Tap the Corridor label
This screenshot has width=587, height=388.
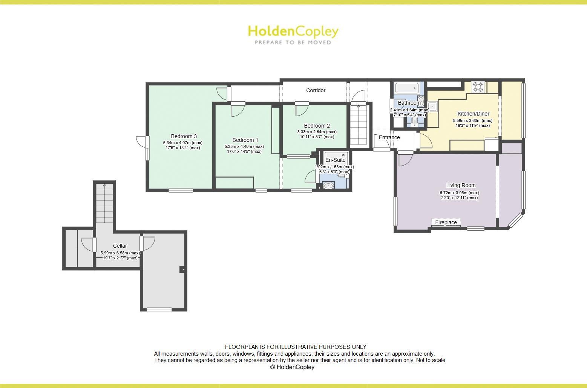coord(316,90)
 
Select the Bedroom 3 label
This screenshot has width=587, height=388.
coord(184,136)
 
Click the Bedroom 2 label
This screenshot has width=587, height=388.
coord(317,126)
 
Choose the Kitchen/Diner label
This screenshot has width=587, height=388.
coord(473,114)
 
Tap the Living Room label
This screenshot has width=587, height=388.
coord(461,185)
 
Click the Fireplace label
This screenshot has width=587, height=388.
coord(446,222)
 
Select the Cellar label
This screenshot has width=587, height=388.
coord(120,246)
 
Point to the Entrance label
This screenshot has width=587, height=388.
coord(389,137)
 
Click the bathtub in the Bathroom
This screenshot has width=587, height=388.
coord(406,88)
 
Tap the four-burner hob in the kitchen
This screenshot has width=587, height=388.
coord(478,87)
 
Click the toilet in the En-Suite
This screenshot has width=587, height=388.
coord(329,185)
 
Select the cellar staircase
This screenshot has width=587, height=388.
coord(104,203)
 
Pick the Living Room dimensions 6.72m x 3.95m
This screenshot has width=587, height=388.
coord(459,193)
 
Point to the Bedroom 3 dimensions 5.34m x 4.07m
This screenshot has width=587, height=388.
coord(182,143)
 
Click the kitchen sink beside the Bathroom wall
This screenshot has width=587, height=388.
coord(432,107)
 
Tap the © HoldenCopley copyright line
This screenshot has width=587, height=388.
coord(292,367)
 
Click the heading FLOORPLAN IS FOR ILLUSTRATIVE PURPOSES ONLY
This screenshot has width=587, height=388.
coord(296,347)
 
